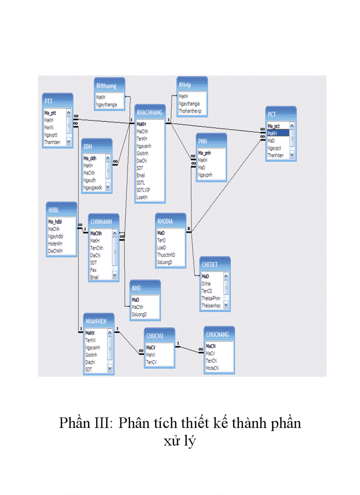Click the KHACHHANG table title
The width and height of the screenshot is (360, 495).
coord(150,113)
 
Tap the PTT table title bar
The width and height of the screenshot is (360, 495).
coord(49,101)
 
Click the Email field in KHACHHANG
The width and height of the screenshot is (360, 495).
coord(141,175)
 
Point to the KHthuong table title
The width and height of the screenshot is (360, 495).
coord(106,86)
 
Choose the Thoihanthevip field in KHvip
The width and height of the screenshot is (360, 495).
coord(190,111)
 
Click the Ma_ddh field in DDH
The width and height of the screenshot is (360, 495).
coord(90,158)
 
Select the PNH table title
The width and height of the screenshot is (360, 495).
coord(203,141)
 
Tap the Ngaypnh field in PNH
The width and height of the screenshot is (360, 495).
coord(205,175)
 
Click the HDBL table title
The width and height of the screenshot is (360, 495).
coord(54,210)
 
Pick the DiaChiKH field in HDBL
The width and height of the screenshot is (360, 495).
coord(56,251)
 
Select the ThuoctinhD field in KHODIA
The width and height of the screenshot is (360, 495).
coord(166,255)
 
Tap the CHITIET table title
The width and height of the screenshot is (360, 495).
coord(210,264)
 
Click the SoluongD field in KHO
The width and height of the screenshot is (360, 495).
coord(139,314)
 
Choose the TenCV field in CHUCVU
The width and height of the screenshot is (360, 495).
coord(151,362)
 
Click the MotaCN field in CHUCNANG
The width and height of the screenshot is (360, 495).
coord(213,368)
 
